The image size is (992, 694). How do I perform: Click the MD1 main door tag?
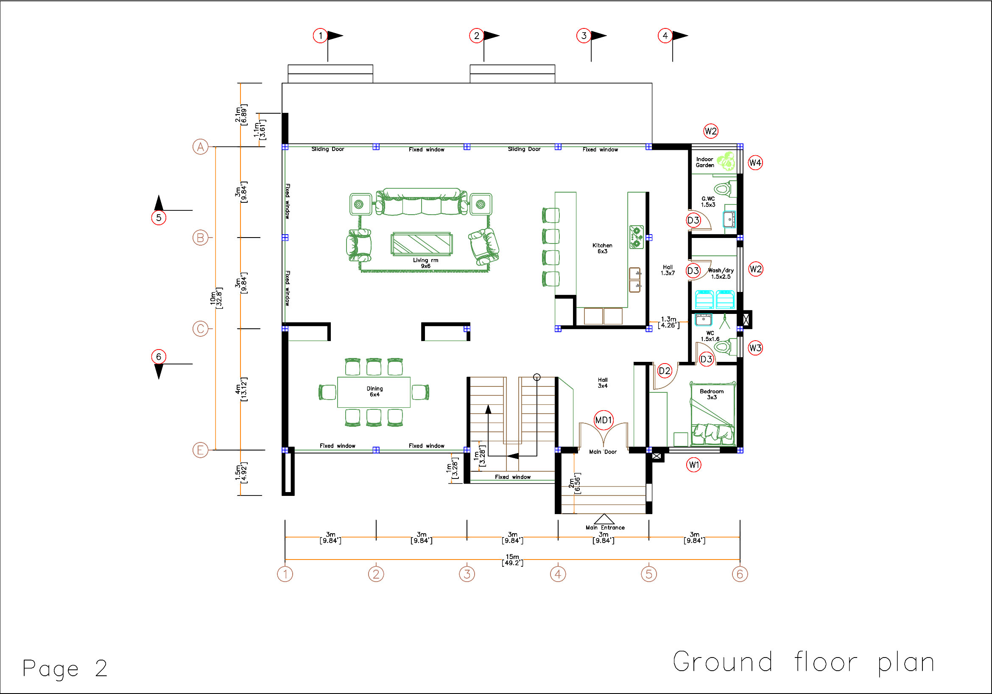point(604,420)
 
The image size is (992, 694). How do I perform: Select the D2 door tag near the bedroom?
point(665,371)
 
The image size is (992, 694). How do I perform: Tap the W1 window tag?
point(694,465)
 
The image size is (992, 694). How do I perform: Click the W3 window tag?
point(755,348)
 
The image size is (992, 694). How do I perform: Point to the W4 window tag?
point(755,163)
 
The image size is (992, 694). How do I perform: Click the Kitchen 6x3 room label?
point(602,248)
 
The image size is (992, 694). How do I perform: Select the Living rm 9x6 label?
point(425,263)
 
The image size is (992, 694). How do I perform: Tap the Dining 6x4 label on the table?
point(374,392)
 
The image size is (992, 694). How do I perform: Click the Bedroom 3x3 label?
point(712,394)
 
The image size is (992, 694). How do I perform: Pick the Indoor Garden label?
point(705,162)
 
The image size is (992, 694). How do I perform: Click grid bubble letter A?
point(201,147)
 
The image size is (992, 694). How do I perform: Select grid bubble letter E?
point(201,450)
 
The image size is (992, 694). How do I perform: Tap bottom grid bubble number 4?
point(558,574)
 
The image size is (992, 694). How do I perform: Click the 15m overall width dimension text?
point(512,560)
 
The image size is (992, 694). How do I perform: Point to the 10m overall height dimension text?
point(216,297)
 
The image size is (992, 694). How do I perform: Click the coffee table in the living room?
point(421,244)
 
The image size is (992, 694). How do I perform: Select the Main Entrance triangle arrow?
point(604,519)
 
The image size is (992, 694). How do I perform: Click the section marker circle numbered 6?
point(159,356)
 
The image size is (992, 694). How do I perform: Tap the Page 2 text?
point(65,668)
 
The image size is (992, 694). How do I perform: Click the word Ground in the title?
point(723,662)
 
